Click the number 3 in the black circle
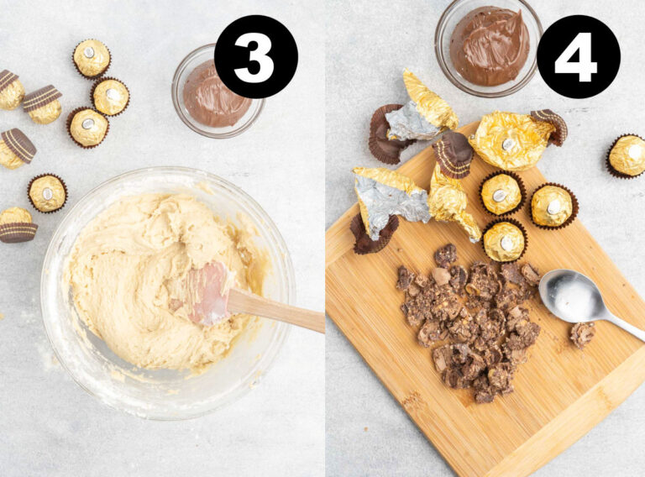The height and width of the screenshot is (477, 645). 255,57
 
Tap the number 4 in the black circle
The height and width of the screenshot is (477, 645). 578,57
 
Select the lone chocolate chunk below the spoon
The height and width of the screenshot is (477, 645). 582,334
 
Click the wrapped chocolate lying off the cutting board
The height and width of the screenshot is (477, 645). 627,155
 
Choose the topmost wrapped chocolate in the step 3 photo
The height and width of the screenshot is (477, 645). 92,58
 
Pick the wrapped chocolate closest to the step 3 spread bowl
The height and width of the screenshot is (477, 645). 111,96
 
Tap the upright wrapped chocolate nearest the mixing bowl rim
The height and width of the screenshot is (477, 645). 47,193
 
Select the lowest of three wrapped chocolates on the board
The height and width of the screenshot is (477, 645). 504,241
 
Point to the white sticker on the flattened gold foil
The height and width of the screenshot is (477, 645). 509,145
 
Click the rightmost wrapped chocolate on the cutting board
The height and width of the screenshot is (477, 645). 552,206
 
